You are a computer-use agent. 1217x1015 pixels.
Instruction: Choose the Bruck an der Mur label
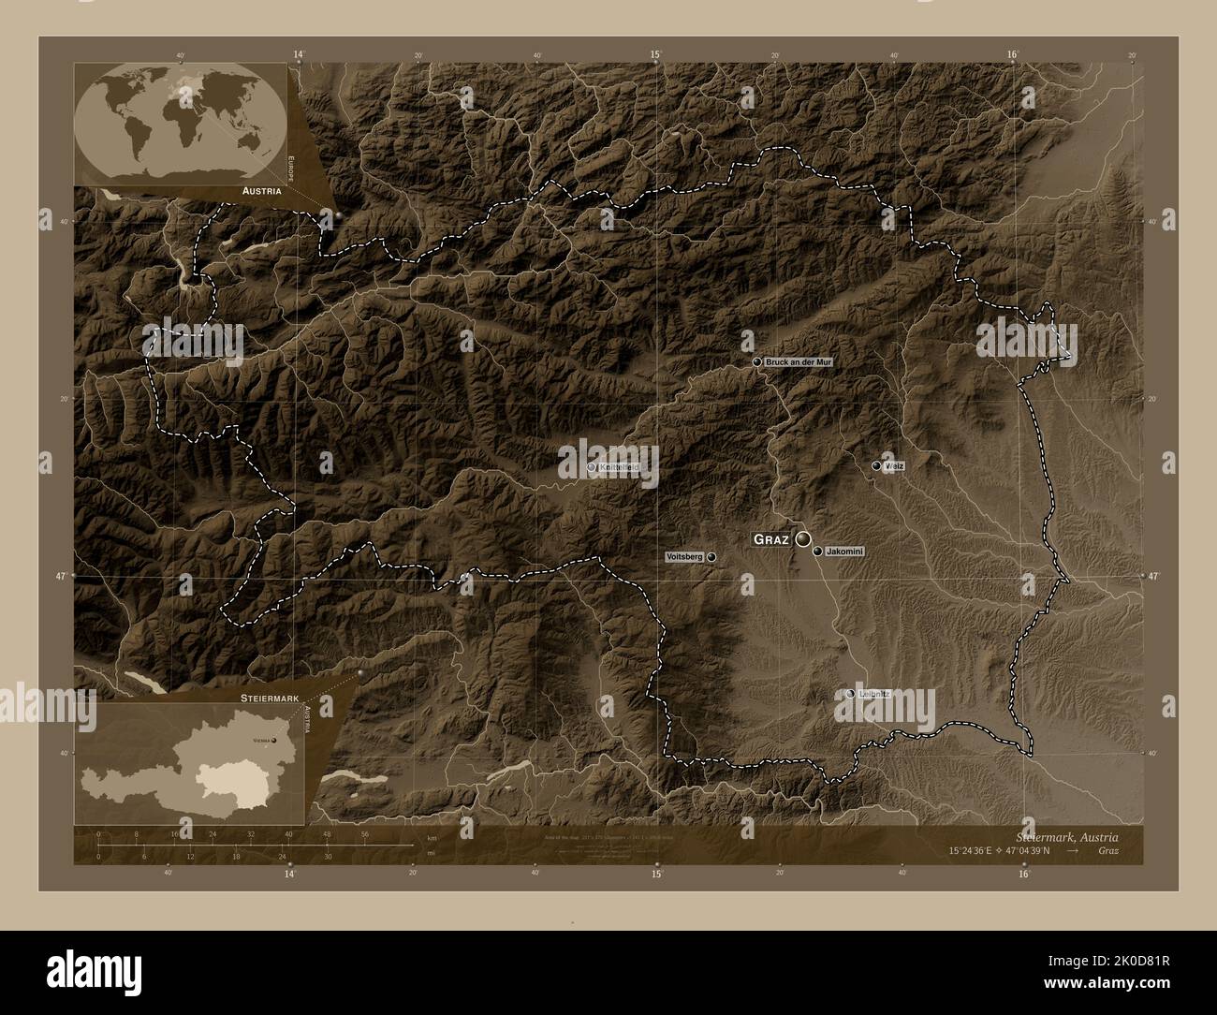coord(798,361)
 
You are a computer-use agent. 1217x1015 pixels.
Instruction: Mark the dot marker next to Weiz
coord(876,465)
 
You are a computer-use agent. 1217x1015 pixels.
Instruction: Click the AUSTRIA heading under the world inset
coord(263,191)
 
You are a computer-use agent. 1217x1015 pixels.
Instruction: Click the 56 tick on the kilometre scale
coord(364,832)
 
